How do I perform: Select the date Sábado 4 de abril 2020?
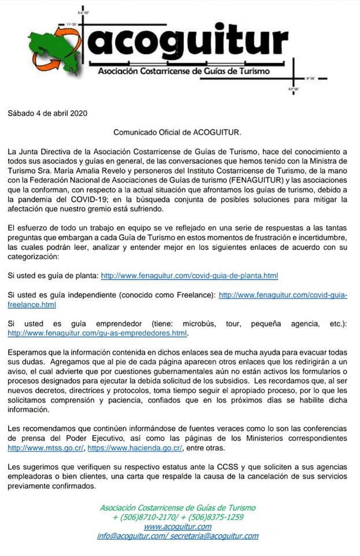point(47,113)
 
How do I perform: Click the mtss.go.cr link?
point(42,448)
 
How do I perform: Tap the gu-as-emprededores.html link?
point(97,334)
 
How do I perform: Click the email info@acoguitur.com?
point(131,536)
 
